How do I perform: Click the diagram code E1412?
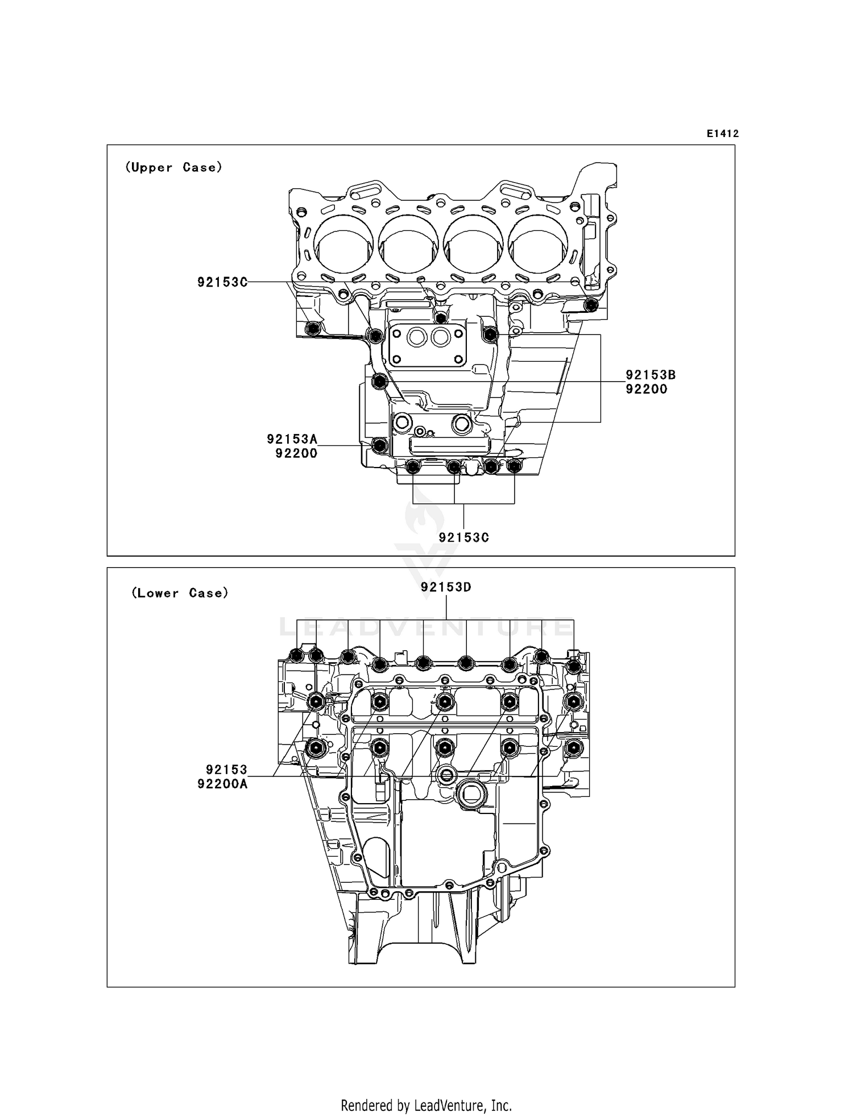tap(722, 134)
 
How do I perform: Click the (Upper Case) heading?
tap(173, 167)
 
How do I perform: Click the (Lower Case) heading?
tap(180, 593)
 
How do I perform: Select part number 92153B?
tap(651, 375)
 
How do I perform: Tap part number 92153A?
tap(292, 439)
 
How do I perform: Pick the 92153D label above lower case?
tap(446, 587)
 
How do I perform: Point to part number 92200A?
tap(222, 784)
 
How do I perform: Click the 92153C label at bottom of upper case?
tap(463, 538)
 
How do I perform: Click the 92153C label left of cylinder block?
tap(222, 282)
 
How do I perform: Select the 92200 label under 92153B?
tap(646, 390)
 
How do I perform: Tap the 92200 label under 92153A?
tap(296, 453)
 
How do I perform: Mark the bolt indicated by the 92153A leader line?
tap(379, 445)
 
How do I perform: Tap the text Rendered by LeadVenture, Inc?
tap(426, 1106)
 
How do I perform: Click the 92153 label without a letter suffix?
tap(226, 770)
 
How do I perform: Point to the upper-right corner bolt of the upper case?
tap(591, 305)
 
